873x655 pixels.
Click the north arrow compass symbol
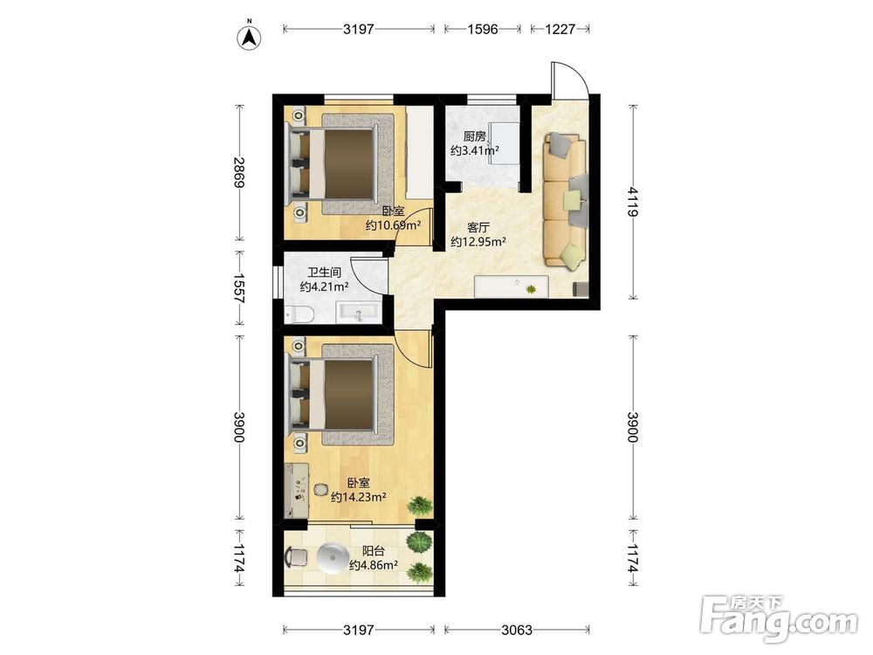point(250,37)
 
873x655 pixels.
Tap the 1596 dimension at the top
point(482,29)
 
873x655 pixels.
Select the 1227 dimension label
point(560,29)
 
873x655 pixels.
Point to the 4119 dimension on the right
point(632,202)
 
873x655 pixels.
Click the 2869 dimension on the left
point(239,173)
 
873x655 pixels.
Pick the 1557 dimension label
point(239,287)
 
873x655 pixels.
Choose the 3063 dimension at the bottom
point(517,630)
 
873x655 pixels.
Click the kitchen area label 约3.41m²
point(474,150)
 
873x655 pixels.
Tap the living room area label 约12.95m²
point(478,242)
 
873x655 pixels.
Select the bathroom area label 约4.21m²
point(324,286)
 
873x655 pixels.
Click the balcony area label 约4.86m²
point(373,565)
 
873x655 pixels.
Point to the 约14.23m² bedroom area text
point(359,498)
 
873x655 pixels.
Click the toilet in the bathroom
point(299,314)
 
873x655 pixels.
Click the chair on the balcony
point(296,557)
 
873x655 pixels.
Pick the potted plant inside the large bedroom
point(420,505)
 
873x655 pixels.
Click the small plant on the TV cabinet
point(531,289)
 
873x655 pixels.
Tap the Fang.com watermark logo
point(779,618)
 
